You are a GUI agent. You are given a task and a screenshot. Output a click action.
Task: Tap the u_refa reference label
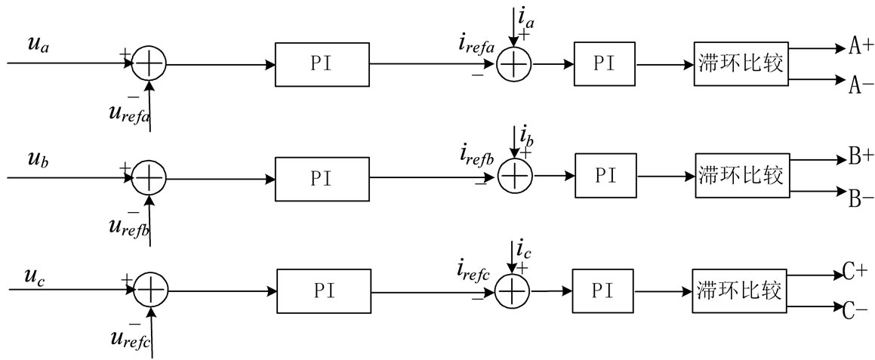pos(129,114)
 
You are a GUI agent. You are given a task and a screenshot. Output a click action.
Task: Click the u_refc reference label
pos(131,338)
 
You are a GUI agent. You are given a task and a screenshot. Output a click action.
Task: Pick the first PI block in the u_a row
pos(322,65)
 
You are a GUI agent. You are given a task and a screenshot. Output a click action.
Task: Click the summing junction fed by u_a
pos(149,65)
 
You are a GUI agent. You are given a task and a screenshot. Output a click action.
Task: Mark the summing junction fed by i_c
pos(513,291)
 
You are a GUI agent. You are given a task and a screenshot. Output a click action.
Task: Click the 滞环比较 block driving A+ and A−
pos(741,65)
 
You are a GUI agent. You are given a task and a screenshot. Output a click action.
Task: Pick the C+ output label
pos(858,272)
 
